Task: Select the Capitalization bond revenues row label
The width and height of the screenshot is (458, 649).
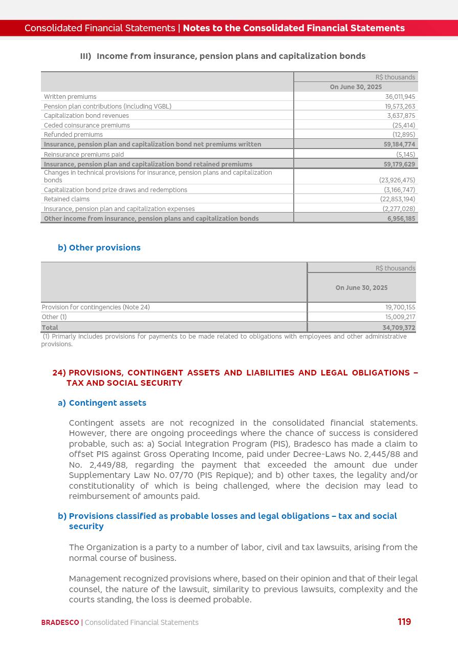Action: pos(86,116)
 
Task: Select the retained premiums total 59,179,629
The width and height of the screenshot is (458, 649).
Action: pos(399,164)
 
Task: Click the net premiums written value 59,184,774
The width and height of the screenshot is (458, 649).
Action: pos(399,144)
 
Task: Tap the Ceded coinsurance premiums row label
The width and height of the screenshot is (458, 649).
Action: pos(86,125)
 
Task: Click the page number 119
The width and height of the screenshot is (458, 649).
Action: pos(404,622)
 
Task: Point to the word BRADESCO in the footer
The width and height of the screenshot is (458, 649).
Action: pos(60,623)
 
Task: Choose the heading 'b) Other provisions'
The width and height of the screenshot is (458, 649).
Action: pos(99,248)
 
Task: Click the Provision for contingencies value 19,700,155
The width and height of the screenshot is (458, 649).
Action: pos(400,307)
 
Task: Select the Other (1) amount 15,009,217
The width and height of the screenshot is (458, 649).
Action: pos(400,317)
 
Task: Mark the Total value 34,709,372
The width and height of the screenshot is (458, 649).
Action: pos(399,328)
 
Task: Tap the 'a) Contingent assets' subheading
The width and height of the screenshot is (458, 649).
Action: pos(102,403)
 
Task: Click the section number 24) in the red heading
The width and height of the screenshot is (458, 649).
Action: pos(59,373)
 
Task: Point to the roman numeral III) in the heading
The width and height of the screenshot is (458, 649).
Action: pos(85,56)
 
